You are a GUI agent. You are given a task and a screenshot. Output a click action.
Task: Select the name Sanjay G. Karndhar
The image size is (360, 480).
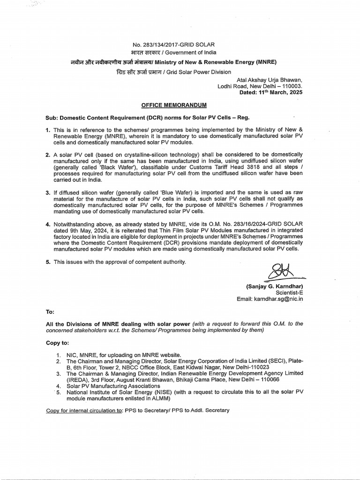tap(274, 286)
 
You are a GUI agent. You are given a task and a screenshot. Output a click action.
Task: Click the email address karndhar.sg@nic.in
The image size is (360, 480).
tap(278, 299)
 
